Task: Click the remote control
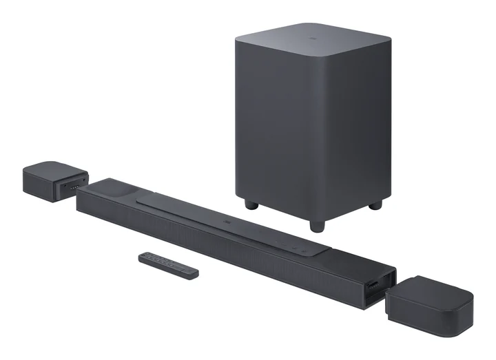168,265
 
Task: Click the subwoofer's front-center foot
316,225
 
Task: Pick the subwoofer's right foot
375,204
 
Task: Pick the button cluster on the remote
155,260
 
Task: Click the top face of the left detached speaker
52,169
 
